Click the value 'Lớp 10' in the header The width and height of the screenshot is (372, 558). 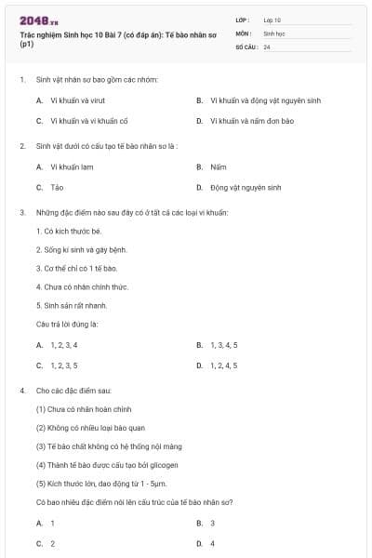272,19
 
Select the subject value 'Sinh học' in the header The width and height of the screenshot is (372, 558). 274,33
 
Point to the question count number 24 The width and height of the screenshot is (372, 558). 267,46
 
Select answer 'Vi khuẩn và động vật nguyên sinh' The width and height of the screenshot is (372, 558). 265,100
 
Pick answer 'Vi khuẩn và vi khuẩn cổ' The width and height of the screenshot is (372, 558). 82,120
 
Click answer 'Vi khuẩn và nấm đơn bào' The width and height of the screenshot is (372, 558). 251,120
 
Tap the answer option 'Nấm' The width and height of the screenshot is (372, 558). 218,166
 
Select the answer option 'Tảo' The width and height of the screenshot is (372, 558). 57,187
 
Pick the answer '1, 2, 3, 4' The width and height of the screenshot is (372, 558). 64,345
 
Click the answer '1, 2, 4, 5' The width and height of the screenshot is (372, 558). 223,365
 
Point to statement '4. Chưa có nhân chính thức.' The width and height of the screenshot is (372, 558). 82,286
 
